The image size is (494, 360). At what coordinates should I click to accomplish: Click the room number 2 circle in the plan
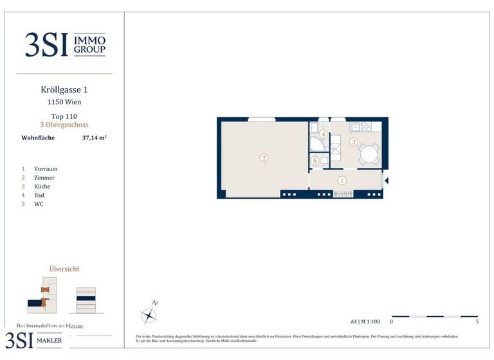tap(264, 158)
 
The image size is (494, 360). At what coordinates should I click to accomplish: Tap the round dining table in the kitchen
tap(369, 154)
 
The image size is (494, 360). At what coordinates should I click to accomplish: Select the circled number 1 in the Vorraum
tap(342, 181)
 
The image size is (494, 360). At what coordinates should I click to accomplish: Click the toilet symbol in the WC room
tap(324, 161)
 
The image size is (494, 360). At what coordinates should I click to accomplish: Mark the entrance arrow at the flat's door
tap(386, 181)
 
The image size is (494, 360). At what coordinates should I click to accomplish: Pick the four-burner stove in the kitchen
tap(367, 127)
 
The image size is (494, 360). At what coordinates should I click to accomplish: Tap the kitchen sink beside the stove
tap(355, 127)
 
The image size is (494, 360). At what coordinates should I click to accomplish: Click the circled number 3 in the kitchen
tap(353, 141)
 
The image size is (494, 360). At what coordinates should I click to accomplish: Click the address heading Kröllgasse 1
tap(64, 91)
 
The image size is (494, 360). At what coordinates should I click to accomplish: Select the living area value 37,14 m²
tap(94, 138)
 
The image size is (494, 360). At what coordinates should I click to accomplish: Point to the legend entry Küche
tap(42, 186)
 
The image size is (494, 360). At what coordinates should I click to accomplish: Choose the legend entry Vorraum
tap(46, 169)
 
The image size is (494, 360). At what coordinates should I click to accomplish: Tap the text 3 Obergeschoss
tap(64, 125)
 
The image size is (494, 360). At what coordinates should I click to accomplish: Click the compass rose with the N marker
tap(149, 314)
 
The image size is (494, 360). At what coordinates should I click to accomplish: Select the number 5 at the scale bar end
tap(477, 321)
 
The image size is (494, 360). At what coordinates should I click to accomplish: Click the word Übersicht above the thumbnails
tap(64, 269)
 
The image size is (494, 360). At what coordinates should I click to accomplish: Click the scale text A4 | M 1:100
tap(365, 321)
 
